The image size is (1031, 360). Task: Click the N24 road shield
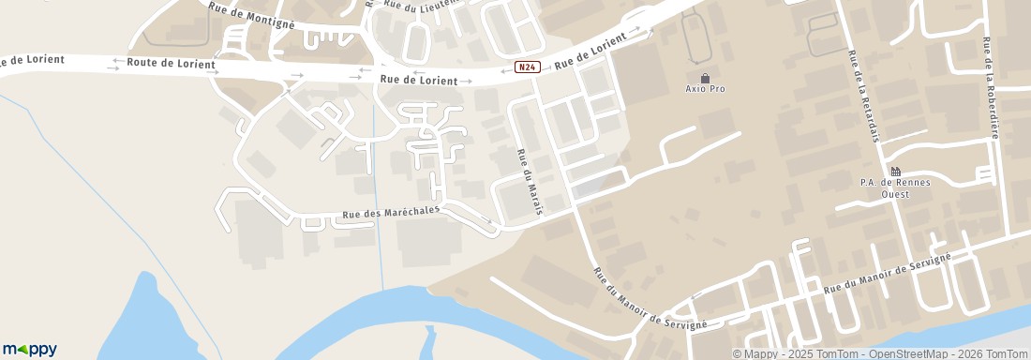click(528, 67)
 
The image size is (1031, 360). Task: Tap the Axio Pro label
click(705, 89)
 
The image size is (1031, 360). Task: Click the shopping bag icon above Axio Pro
click(705, 77)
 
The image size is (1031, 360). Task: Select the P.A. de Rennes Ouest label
click(895, 188)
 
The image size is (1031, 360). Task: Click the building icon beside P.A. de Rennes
click(895, 171)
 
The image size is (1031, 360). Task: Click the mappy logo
click(29, 349)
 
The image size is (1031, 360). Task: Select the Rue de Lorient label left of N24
click(419, 80)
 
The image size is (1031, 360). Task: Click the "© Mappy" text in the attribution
click(755, 353)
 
